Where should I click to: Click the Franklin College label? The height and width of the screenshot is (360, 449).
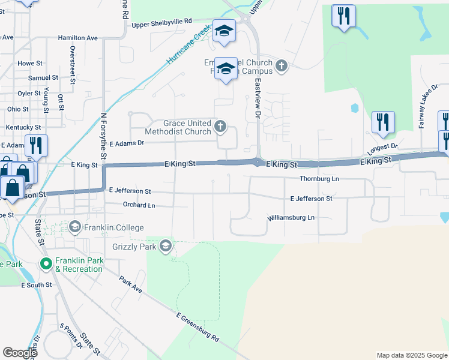(114, 227)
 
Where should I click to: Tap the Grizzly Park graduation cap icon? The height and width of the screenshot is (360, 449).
(166, 245)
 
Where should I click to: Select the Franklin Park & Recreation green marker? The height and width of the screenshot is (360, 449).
(46, 263)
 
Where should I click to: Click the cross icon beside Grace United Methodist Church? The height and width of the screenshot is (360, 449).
(220, 126)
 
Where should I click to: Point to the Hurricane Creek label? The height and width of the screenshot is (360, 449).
(189, 45)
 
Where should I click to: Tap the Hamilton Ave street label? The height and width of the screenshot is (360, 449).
(77, 38)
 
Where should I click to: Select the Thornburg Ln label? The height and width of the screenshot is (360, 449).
(319, 179)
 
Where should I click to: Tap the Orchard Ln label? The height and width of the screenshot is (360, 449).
(139, 205)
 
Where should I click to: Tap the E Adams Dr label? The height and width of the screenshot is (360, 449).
(127, 143)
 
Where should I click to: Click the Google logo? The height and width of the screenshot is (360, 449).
(20, 353)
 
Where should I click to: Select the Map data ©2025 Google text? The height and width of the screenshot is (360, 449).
(411, 355)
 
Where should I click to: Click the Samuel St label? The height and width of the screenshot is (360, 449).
(43, 78)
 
